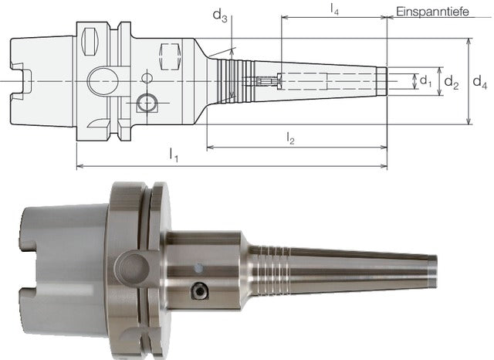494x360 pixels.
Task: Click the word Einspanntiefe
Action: [x=432, y=12]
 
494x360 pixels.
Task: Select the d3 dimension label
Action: [x=220, y=15]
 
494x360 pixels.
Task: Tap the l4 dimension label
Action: [x=334, y=9]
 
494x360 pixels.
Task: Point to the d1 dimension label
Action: [x=425, y=81]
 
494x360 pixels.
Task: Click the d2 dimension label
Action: [x=451, y=83]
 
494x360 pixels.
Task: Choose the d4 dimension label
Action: [x=480, y=83]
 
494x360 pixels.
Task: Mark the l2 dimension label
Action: [x=290, y=138]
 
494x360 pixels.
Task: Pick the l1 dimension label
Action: [x=174, y=155]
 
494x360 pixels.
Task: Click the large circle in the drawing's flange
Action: [x=103, y=81]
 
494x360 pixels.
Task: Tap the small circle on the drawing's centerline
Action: [x=147, y=77]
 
